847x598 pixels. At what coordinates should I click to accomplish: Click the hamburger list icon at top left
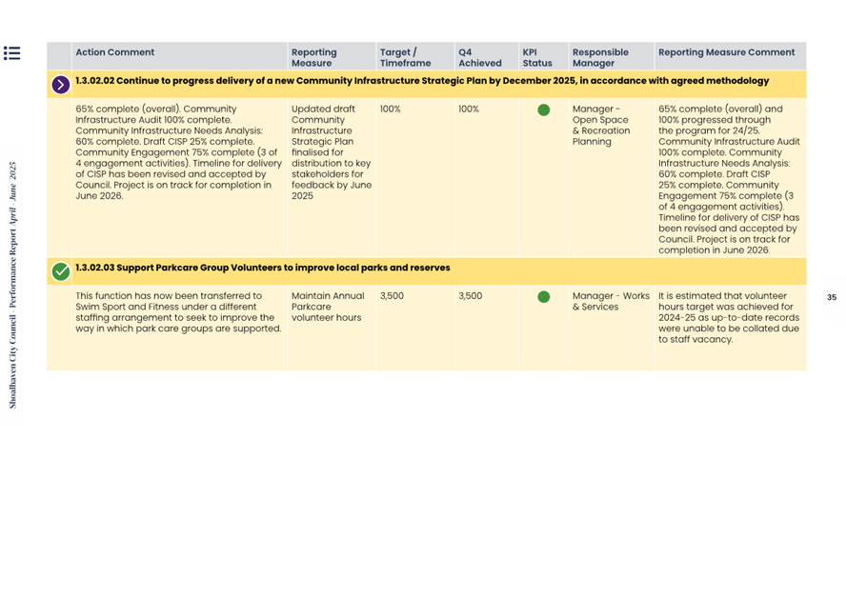[x=11, y=53]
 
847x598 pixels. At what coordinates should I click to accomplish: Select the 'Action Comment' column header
[x=114, y=53]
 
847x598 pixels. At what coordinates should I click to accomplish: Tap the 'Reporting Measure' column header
[x=313, y=58]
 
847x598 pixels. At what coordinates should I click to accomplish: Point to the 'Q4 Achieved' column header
[x=479, y=58]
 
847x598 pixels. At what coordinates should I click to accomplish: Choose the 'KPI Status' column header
[x=536, y=58]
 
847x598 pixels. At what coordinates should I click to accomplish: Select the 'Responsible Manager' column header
[x=600, y=58]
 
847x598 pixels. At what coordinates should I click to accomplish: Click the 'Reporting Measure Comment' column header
[x=726, y=53]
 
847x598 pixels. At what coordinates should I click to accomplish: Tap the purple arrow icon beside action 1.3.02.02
[x=61, y=85]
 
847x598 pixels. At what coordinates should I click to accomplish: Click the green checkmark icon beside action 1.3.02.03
[x=61, y=271]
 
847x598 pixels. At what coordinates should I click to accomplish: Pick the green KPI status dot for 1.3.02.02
[x=543, y=110]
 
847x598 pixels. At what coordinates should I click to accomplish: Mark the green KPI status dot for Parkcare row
[x=543, y=296]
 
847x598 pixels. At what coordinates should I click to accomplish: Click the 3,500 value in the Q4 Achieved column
[x=471, y=296]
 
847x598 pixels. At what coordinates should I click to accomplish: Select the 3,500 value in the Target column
[x=392, y=296]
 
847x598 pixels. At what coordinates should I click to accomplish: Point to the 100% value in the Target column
[x=391, y=110]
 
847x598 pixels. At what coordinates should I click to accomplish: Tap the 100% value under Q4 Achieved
[x=469, y=110]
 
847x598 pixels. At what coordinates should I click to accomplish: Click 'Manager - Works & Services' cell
[x=611, y=301]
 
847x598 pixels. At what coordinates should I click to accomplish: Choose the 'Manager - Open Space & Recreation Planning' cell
[x=600, y=125]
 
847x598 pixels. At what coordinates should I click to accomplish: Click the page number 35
[x=831, y=297]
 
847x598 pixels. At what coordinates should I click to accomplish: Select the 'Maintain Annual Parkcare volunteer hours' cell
[x=328, y=307]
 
